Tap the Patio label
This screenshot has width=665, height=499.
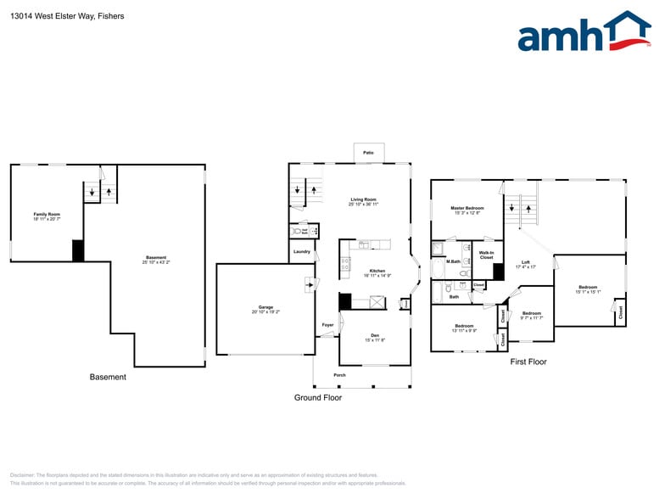click(368, 152)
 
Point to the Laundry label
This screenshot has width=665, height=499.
click(301, 252)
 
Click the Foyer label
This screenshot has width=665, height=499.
click(327, 325)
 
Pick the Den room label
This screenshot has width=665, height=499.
click(375, 335)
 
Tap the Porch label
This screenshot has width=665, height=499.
click(339, 374)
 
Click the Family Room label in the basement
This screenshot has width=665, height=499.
click(47, 214)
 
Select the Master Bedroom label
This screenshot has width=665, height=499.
click(467, 208)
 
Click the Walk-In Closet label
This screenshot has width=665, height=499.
click(486, 255)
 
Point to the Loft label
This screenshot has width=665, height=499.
click(526, 262)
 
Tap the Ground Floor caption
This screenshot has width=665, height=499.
click(318, 397)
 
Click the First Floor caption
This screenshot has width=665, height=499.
click(528, 362)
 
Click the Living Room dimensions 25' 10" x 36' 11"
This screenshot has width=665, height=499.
click(363, 205)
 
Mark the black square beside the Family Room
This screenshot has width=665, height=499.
click(78, 251)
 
